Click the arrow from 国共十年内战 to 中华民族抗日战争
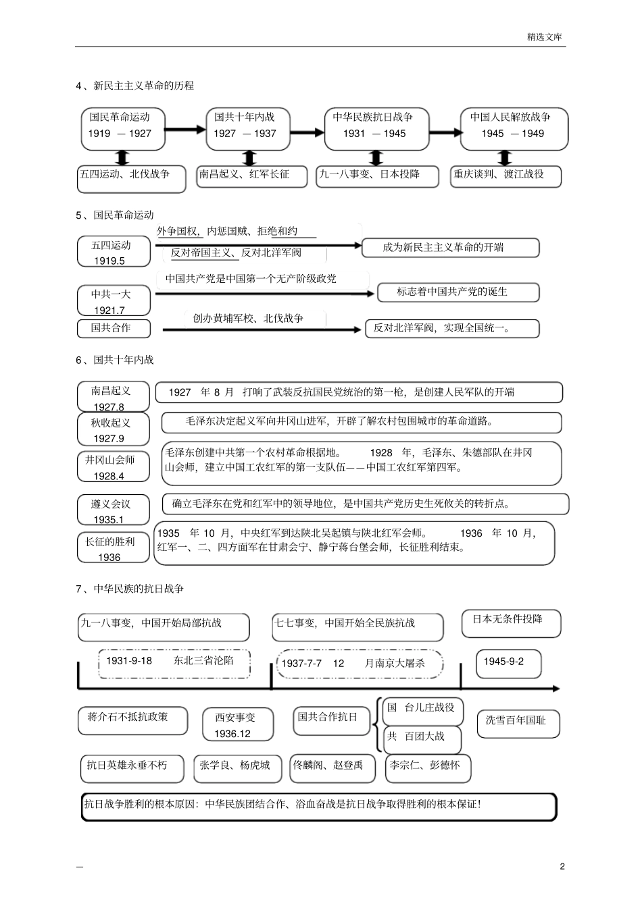point(309,132)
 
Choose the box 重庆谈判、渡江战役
point(507,175)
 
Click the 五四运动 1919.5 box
point(113,252)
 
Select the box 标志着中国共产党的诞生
point(458,292)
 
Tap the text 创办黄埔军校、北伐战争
point(248,319)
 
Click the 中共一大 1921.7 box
point(113,301)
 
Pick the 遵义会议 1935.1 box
point(113,510)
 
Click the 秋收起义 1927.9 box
point(113,430)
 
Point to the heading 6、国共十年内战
point(115,360)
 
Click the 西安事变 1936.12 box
point(238,724)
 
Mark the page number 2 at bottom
point(562,867)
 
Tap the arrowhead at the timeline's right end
point(555,689)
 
